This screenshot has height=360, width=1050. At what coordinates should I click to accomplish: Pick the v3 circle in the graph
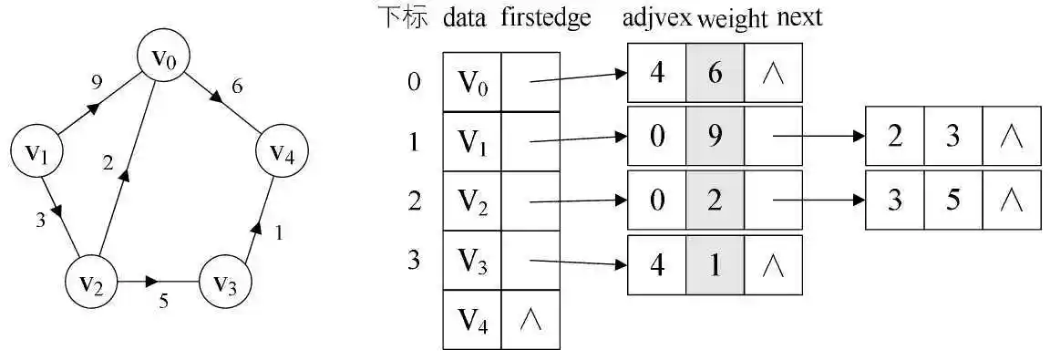[x=225, y=283]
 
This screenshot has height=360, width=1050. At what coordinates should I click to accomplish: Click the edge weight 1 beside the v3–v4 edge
[x=278, y=232]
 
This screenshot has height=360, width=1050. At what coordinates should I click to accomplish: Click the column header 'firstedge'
[x=546, y=18]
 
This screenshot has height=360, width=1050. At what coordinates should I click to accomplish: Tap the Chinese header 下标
[x=402, y=18]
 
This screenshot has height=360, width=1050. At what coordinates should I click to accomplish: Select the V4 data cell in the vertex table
[x=471, y=320]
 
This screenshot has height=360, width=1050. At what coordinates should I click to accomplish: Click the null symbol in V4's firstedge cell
[x=530, y=320]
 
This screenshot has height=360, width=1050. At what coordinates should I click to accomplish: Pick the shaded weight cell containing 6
[x=715, y=74]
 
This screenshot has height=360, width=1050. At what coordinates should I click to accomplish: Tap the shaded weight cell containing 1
[x=715, y=265]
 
